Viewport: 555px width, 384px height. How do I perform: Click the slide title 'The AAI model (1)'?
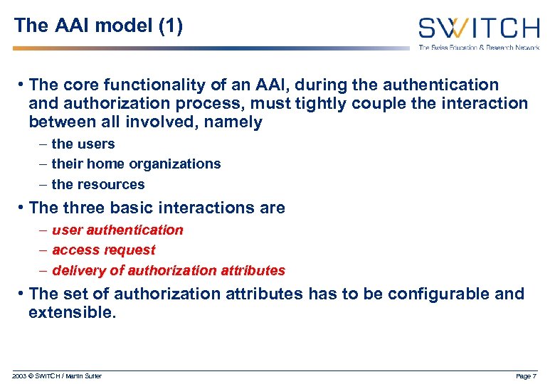pos(98,26)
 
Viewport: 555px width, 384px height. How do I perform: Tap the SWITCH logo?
pos(478,28)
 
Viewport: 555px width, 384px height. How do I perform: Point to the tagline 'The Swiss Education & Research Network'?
pos(478,48)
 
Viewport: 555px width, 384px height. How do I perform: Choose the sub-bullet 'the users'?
pos(83,144)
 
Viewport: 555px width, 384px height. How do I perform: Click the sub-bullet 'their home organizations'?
pos(136,164)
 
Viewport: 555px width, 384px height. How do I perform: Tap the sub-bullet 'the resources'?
pos(98,184)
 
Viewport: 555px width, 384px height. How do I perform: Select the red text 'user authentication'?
pos(117,230)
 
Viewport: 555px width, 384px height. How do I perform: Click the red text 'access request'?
pos(104,250)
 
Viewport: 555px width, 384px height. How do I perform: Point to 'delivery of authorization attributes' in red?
pos(169,271)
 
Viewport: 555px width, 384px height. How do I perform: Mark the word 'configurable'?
pos(425,294)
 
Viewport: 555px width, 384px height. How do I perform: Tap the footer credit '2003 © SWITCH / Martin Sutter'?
pos(57,376)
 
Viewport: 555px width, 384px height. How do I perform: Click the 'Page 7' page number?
pos(525,376)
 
